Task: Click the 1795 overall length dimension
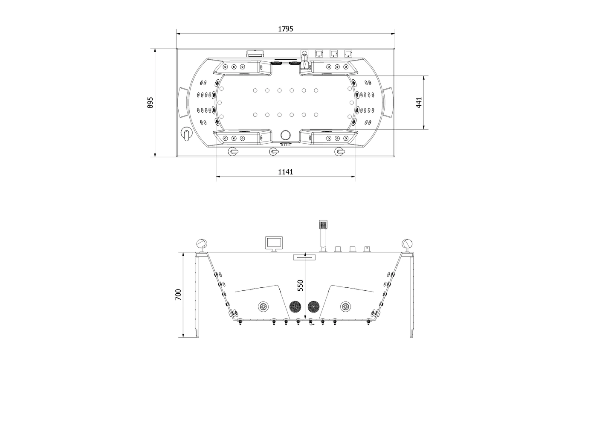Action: pyautogui.click(x=286, y=29)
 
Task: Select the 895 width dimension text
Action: pyautogui.click(x=150, y=102)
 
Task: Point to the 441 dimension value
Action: pyautogui.click(x=419, y=102)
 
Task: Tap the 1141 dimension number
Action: pyautogui.click(x=286, y=172)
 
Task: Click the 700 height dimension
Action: pyautogui.click(x=178, y=295)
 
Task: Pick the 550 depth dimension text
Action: pyautogui.click(x=301, y=286)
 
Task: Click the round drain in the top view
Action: pyautogui.click(x=285, y=135)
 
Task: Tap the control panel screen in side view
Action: pyautogui.click(x=274, y=243)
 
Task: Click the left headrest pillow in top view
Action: pyautogui.click(x=183, y=102)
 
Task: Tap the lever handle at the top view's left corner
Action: pyautogui.click(x=187, y=134)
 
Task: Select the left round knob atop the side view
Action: pyautogui.click(x=202, y=243)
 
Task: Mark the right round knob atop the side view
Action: pyautogui.click(x=407, y=243)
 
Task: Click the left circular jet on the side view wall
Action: pyautogui.click(x=264, y=307)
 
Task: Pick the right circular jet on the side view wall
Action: pyautogui.click(x=345, y=307)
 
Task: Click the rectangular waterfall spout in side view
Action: pyautogui.click(x=304, y=257)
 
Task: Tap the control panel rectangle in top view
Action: pyautogui.click(x=255, y=53)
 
